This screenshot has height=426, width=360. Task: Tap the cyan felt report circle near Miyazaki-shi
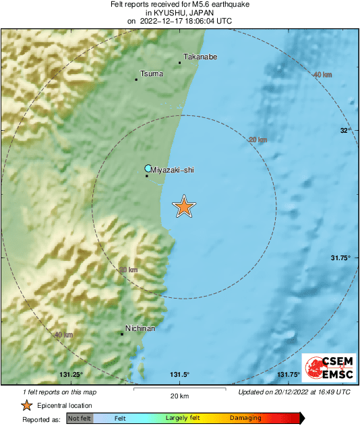pyautogui.click(x=148, y=169)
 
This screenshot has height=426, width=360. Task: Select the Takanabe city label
pyautogui.click(x=200, y=58)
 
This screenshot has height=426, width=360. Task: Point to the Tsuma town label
pyautogui.click(x=152, y=73)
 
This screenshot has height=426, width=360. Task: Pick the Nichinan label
pyautogui.click(x=140, y=328)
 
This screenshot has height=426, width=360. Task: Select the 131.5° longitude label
pyautogui.click(x=179, y=375)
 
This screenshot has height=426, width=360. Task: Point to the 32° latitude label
pyautogui.click(x=344, y=130)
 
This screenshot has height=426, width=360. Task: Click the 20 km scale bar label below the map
pyautogui.click(x=179, y=395)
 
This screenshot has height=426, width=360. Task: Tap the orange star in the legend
pyautogui.click(x=26, y=405)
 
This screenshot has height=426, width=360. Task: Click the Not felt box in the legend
pyautogui.click(x=79, y=418)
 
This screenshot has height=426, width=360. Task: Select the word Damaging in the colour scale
pyautogui.click(x=245, y=418)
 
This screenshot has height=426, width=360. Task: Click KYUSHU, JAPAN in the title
pyautogui.click(x=180, y=12)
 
